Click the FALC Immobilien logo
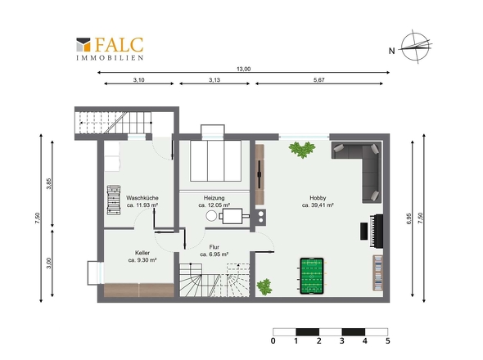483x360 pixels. (110, 48)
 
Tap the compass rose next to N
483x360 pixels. (416, 47)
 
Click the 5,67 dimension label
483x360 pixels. (319, 79)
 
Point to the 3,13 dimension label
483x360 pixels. (214, 79)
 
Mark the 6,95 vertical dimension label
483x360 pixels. (409, 218)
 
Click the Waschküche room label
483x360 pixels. (142, 198)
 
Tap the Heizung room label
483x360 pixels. (214, 198)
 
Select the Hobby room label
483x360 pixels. (318, 198)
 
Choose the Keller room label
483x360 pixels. (142, 253)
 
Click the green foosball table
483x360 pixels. (312, 276)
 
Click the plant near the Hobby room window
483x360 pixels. (302, 150)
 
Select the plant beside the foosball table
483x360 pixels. (264, 286)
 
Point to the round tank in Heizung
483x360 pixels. (211, 215)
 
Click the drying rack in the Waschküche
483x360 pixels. (113, 200)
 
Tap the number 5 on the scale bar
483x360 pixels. (387, 341)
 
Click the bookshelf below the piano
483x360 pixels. (378, 272)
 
